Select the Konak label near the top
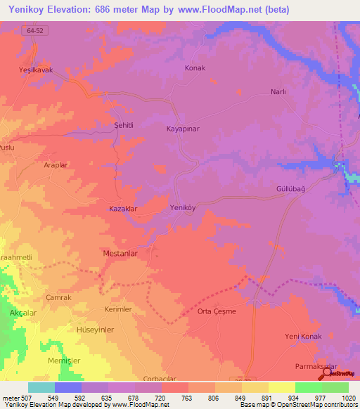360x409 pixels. point(195,68)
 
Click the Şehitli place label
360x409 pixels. point(124,124)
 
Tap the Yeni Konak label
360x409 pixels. point(303,337)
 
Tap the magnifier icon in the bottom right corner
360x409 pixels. point(328,374)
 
